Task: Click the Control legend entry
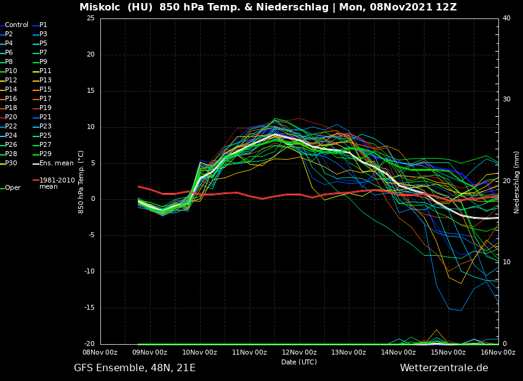click(16, 25)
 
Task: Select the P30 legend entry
click(11, 163)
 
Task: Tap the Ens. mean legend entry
click(56, 163)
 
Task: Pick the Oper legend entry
click(12, 188)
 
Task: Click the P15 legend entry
click(46, 90)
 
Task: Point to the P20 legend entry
click(11, 117)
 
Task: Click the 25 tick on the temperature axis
click(90, 18)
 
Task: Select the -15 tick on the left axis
click(90, 308)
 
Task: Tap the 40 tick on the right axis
click(506, 18)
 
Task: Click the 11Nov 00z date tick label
click(249, 352)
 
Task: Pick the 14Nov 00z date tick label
click(398, 352)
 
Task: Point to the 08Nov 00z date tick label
click(100, 352)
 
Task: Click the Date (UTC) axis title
click(299, 362)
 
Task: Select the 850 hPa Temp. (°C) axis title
click(81, 181)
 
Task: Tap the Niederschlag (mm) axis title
click(517, 182)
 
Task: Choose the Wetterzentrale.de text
click(444, 368)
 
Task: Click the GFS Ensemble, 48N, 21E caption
click(135, 368)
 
